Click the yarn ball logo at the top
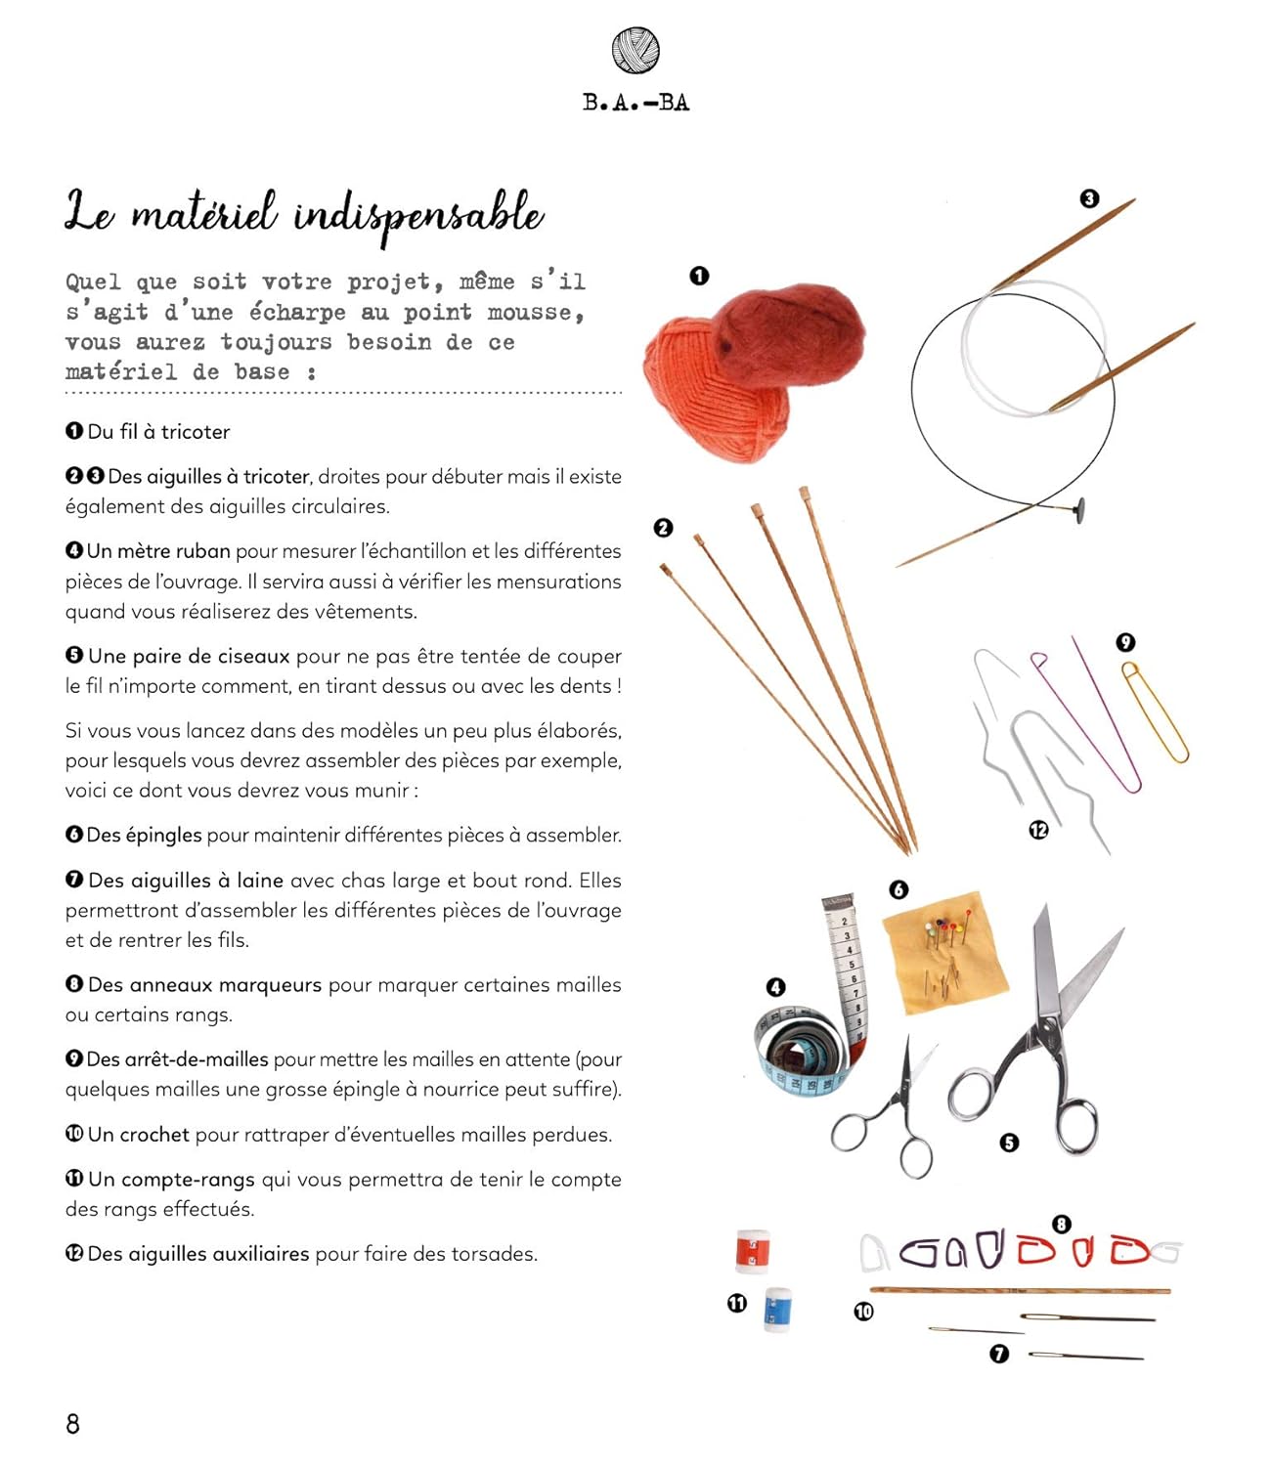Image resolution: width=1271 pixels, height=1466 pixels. [x=635, y=50]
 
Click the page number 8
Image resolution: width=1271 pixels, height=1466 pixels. [x=72, y=1423]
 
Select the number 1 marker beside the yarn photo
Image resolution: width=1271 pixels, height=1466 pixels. [x=699, y=276]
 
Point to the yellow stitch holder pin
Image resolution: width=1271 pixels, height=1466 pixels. [x=1156, y=711]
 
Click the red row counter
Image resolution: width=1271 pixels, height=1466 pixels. [x=752, y=1251]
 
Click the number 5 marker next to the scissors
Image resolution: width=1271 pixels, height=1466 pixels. [x=1009, y=1142]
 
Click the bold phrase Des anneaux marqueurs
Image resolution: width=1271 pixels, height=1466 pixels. [x=204, y=985]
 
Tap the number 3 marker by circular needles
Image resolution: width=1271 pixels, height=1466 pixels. [x=1089, y=198]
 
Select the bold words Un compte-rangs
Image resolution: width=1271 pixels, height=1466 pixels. [x=171, y=1180]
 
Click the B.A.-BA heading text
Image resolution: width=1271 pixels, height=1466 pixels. [x=635, y=103]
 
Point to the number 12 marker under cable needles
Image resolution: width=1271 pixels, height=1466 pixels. [x=1038, y=830]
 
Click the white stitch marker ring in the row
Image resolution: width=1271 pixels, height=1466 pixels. [x=873, y=1254]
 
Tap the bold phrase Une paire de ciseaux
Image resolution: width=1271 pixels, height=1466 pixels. [x=189, y=657]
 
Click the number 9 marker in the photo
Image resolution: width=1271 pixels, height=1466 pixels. [x=1125, y=642]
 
